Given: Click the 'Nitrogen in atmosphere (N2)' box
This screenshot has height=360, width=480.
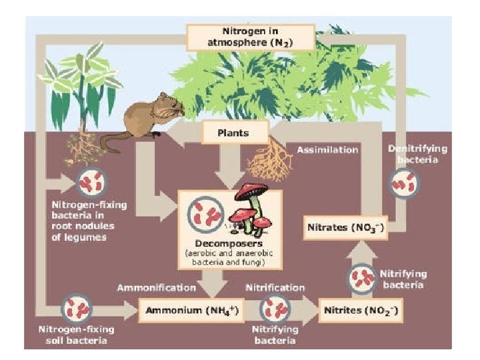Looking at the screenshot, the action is click(250, 37).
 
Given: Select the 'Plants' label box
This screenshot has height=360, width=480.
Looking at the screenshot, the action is click(233, 132).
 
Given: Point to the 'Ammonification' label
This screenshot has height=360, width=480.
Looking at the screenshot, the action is click(157, 288).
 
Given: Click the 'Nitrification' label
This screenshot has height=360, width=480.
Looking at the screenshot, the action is click(275, 288).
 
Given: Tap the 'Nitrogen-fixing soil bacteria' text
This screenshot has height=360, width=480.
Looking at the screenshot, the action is click(77, 335).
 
